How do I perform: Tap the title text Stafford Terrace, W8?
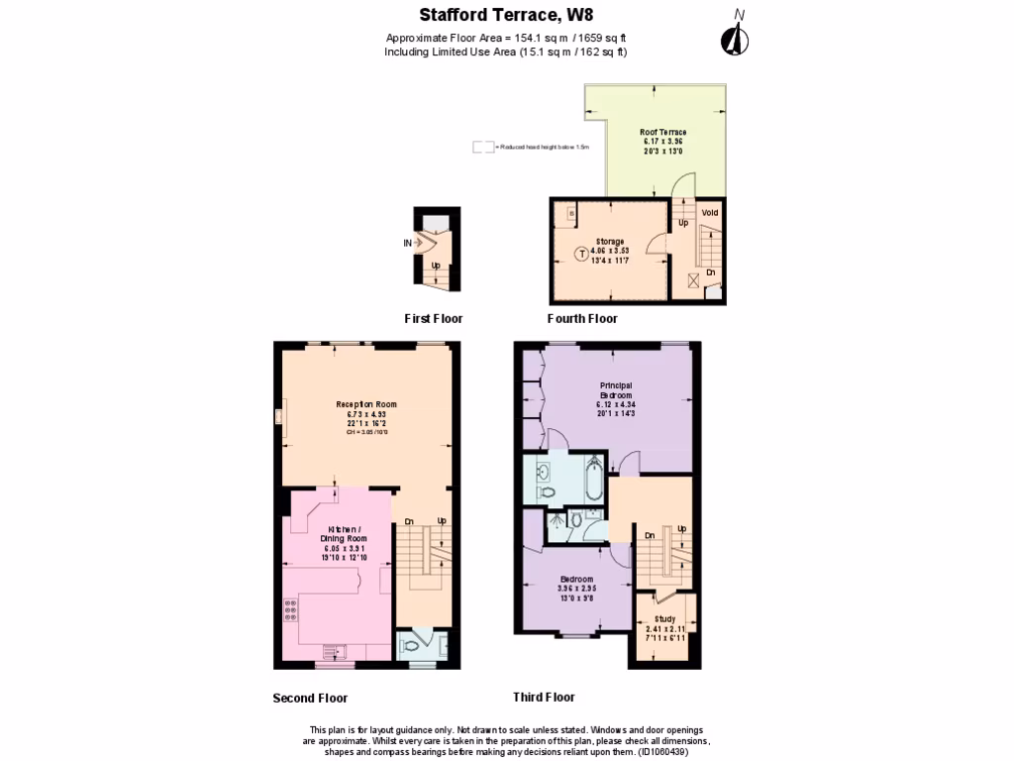[x=505, y=15]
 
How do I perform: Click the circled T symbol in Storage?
[x=580, y=253]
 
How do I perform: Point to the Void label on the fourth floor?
[x=710, y=212]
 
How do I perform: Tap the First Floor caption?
[x=433, y=319]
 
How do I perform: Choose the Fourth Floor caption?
[x=582, y=319]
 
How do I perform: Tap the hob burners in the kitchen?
[x=292, y=609]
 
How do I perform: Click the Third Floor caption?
[x=544, y=698]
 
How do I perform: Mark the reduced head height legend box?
[x=483, y=148]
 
